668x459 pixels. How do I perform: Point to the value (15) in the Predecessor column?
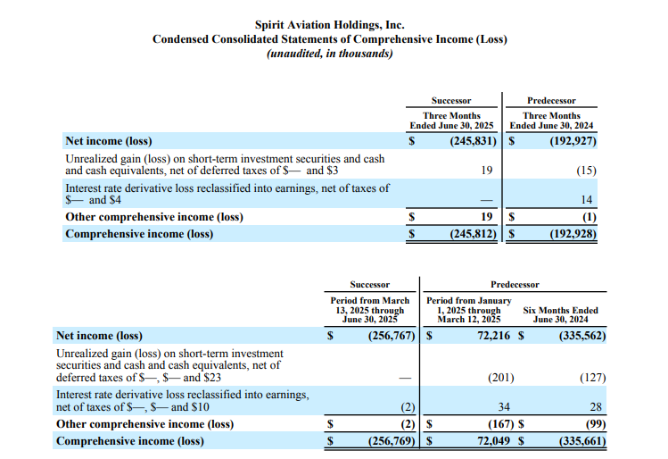click(586, 171)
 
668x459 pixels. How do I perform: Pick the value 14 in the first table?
click(590, 200)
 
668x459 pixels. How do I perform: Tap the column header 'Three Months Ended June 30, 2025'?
click(451, 121)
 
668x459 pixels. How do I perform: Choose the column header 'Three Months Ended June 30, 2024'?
click(551, 121)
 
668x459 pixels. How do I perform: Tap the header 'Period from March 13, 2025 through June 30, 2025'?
click(370, 309)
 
